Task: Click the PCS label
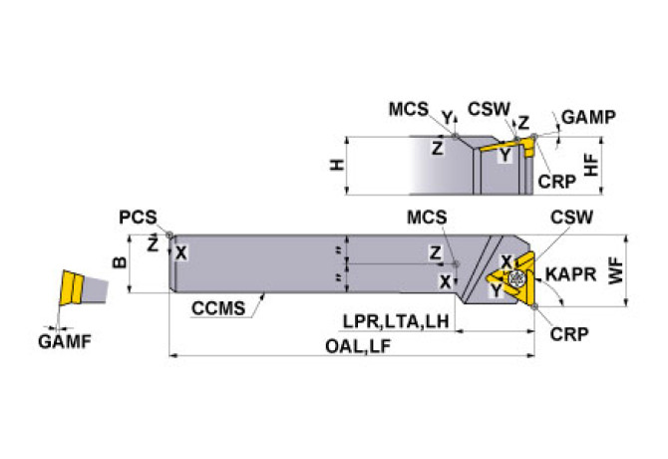pos(137,216)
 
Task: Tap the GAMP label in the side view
pos(588,117)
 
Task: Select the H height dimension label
pos(338,164)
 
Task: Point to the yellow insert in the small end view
pos(72,288)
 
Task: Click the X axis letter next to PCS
pos(180,252)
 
